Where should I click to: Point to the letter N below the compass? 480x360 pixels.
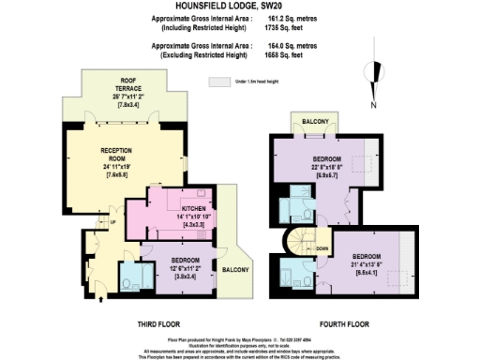[373, 105]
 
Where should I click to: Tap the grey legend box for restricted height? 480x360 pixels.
[220, 82]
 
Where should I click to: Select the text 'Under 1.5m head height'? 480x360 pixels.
[263, 82]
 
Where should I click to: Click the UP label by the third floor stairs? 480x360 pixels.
[115, 222]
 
